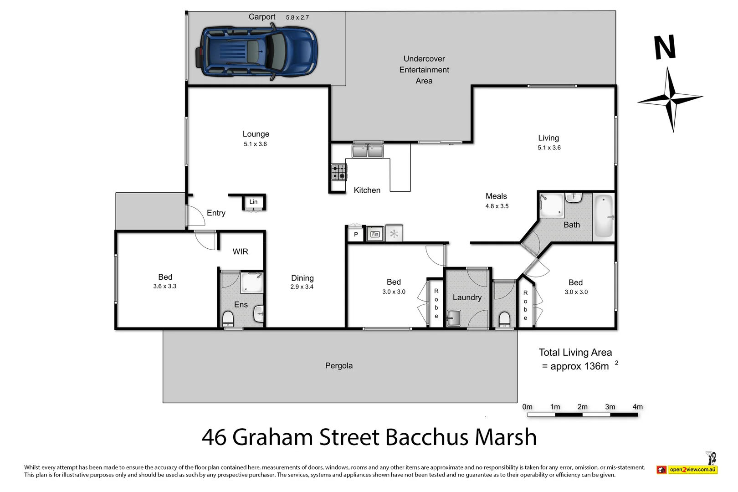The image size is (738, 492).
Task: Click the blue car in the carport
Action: coord(257,51)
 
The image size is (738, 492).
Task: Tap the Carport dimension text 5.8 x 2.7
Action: coord(297,17)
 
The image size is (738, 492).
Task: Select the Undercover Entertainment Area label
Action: coord(424,70)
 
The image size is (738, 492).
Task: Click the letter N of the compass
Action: coord(665,47)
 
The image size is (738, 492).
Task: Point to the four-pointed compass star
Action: coord(671,99)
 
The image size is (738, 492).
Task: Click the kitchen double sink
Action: coord(368,150)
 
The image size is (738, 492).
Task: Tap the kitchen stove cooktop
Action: coord(338,172)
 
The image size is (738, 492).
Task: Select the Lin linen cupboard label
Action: coord(253,202)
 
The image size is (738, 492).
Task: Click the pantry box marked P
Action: coord(356,234)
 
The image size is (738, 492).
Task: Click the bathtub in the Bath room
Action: coord(604,217)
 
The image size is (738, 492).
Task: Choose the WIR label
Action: coord(240,251)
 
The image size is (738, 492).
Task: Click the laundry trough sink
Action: coord(453,318)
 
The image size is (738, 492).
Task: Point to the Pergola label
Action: coord(338,365)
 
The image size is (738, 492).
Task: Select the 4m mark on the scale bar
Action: coord(637,407)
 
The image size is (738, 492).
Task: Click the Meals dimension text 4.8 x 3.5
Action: coord(497,206)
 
